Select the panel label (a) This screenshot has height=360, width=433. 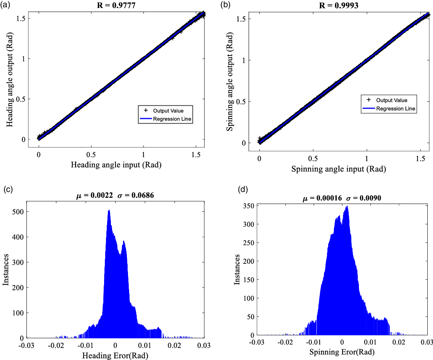(6, 5)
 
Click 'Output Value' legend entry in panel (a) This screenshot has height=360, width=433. (168, 111)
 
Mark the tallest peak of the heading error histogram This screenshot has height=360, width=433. (109, 210)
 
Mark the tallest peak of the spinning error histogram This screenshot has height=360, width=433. (347, 206)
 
